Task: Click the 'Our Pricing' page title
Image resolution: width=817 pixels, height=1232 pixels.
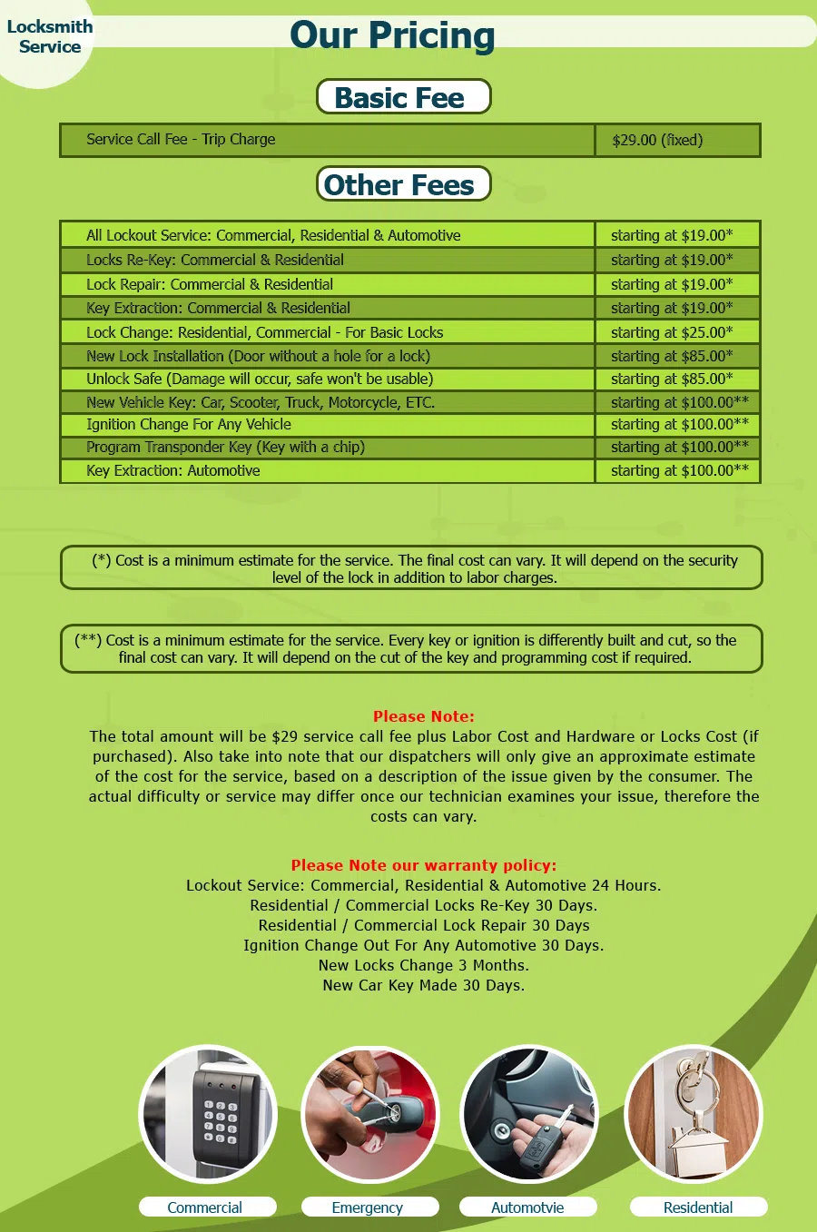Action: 392,36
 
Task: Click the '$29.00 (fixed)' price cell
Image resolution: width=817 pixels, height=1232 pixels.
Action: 657,140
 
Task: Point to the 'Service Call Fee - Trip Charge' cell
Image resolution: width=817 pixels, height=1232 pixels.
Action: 181,139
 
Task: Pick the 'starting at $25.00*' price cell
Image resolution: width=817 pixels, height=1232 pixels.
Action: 672,332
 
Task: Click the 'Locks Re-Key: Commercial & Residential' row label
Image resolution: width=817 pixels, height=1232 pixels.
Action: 215,260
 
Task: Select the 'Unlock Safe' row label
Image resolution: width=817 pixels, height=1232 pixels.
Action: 260,379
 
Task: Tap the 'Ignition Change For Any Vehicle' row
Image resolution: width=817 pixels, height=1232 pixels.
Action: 189,424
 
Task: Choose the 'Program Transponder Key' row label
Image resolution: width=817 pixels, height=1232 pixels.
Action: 225,447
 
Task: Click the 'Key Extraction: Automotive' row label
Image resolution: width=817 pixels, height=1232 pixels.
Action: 173,470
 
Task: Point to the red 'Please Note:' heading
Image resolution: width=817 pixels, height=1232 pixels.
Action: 423,716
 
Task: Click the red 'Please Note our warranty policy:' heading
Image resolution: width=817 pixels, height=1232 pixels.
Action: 423,865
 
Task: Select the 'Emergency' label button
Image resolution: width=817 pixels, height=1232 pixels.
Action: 368,1207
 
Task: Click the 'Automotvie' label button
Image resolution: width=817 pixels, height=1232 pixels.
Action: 527,1207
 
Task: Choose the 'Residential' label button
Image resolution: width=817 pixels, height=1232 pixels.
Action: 698,1207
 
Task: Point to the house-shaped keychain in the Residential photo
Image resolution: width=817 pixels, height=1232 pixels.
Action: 696,1146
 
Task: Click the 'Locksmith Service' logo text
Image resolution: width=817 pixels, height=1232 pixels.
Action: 50,36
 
